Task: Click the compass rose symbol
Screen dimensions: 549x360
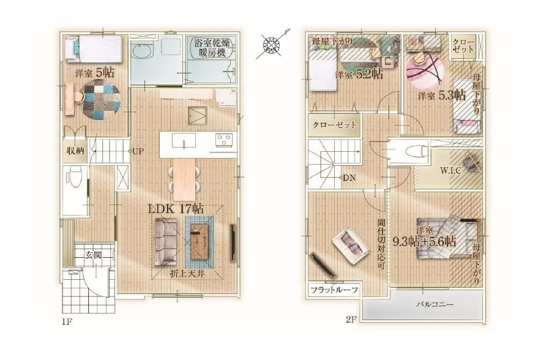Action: point(272,45)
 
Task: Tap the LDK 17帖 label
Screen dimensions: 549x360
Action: point(176,209)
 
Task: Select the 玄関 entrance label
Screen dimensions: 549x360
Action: point(93,255)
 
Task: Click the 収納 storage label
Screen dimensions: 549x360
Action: point(75,151)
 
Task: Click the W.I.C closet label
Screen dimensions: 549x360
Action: point(450,171)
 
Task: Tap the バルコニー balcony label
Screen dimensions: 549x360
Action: point(435,304)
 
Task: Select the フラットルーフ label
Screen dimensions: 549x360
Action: point(334,290)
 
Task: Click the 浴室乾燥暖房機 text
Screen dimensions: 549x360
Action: point(211,48)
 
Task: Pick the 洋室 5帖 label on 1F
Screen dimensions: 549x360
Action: point(94,73)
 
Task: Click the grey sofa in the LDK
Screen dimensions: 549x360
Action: point(166,241)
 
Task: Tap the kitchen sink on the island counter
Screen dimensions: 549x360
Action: point(184,141)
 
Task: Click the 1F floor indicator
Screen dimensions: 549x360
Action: point(67,321)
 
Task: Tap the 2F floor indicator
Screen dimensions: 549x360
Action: point(351,320)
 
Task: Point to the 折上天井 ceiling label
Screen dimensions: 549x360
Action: point(187,274)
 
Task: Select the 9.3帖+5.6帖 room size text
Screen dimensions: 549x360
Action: point(424,241)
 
